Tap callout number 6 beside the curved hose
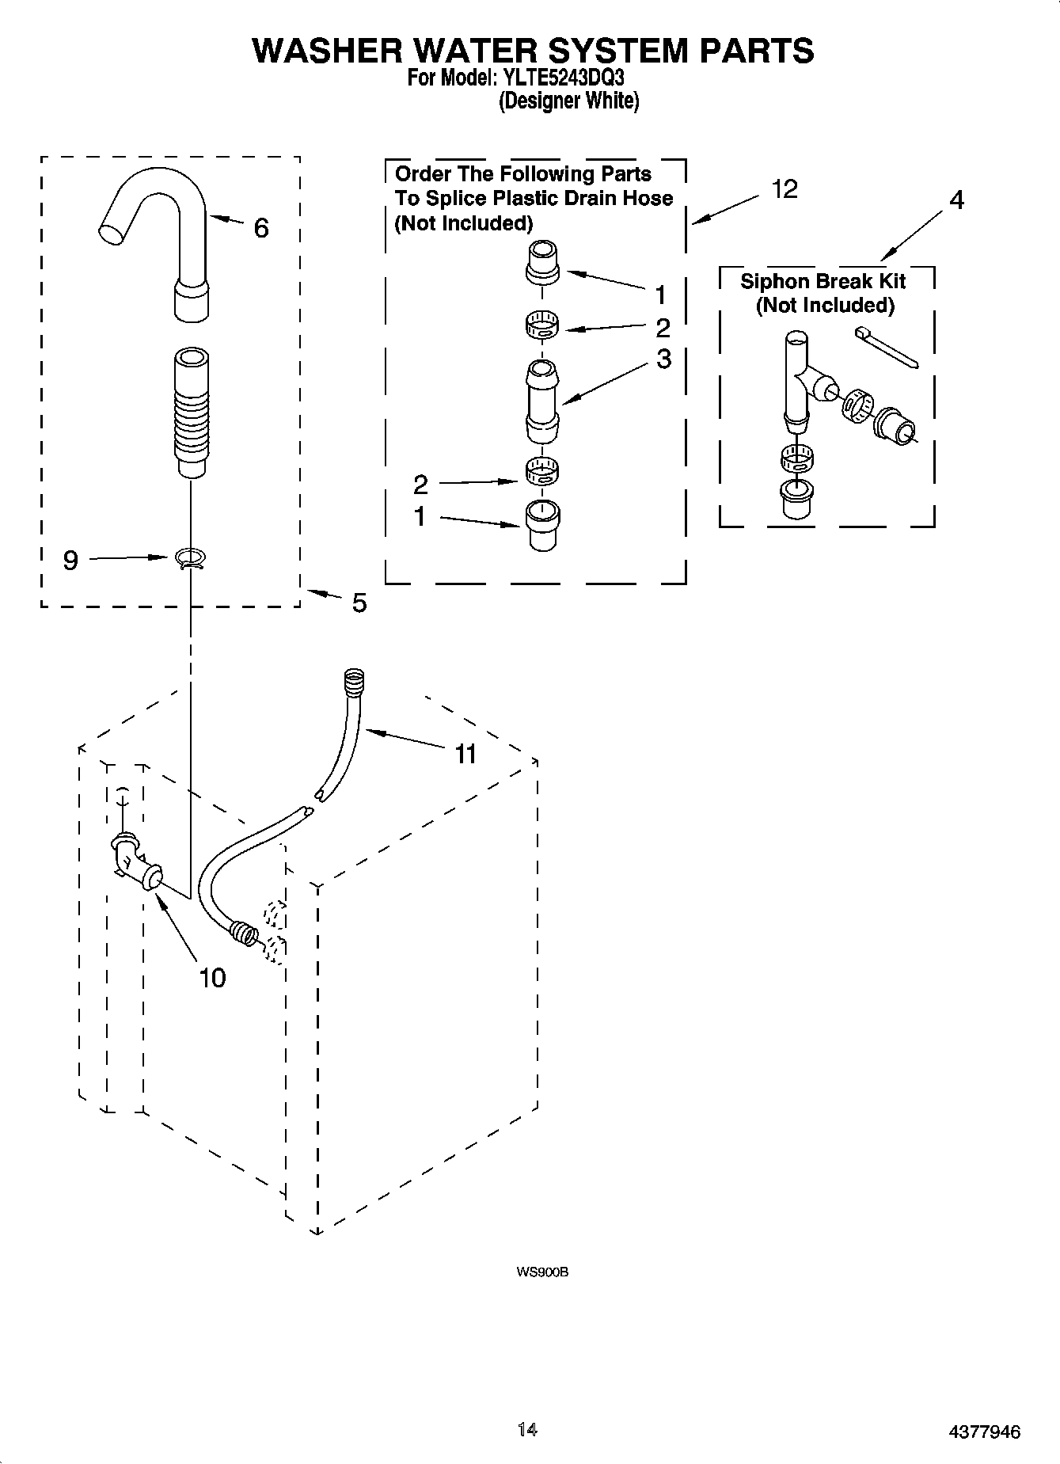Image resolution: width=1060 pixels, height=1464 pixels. (261, 228)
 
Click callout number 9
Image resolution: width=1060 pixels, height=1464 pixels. (70, 561)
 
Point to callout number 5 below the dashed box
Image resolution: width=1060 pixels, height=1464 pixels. (359, 603)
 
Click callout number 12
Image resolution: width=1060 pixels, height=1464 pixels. (785, 189)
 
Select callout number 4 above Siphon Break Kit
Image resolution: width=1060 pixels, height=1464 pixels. (956, 200)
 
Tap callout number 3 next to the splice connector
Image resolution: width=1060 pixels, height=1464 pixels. (663, 359)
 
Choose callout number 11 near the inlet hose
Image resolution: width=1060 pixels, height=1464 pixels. (465, 754)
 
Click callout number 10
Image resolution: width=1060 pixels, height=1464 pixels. (212, 978)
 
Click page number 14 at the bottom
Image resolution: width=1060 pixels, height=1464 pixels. (527, 1429)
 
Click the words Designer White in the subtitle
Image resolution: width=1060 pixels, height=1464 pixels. (568, 101)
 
